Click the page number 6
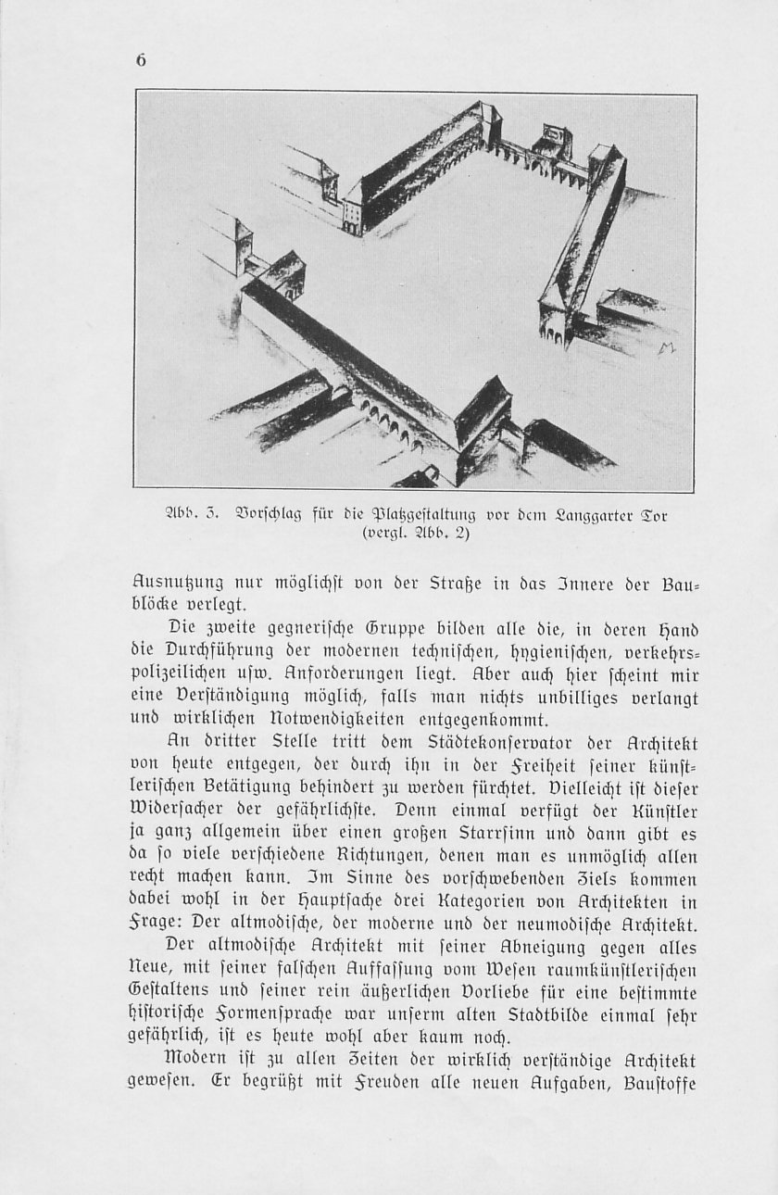point(141,60)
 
